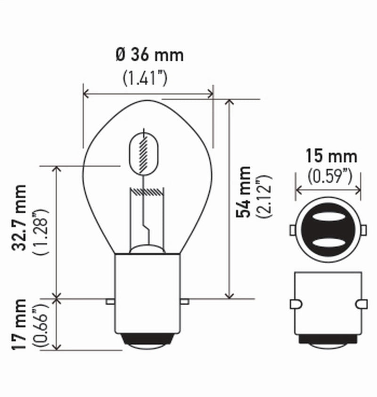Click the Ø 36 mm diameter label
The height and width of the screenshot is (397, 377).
click(149, 55)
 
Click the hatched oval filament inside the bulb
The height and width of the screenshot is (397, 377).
click(144, 153)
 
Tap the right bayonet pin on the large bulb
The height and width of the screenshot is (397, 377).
click(185, 301)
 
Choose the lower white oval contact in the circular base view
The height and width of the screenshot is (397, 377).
click(328, 242)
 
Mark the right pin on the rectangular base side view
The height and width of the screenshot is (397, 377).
click(362, 304)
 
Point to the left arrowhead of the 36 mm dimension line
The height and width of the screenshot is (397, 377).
click(85, 94)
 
